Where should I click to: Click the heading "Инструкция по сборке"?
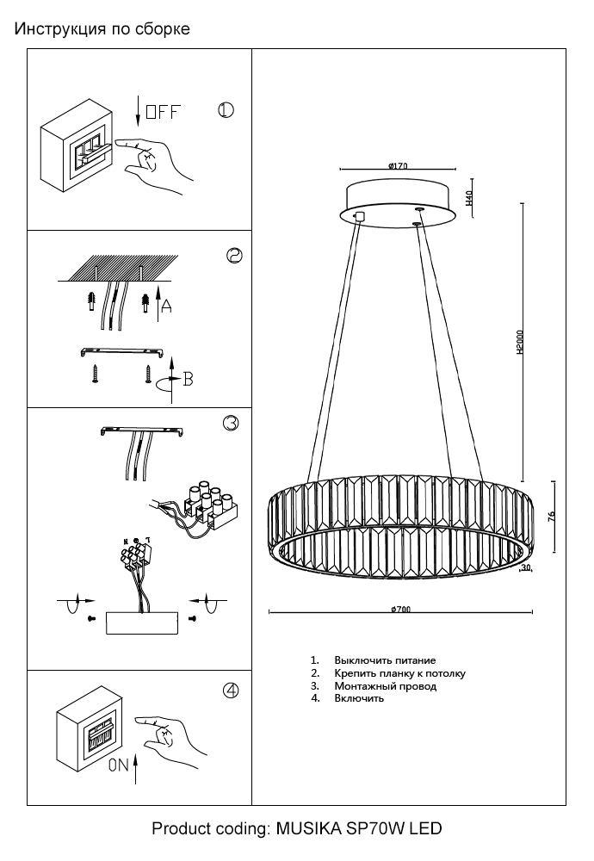pyautogui.click(x=102, y=29)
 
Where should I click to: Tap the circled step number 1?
pyautogui.click(x=226, y=111)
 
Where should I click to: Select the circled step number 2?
pyautogui.click(x=233, y=256)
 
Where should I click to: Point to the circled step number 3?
pyautogui.click(x=230, y=423)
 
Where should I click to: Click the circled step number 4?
pyautogui.click(x=230, y=691)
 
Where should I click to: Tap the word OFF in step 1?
pyautogui.click(x=163, y=112)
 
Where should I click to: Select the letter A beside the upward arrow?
pyautogui.click(x=166, y=306)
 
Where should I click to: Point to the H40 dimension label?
pyautogui.click(x=470, y=200)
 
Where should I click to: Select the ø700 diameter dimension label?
pyautogui.click(x=400, y=609)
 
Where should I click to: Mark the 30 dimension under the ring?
pyautogui.click(x=526, y=567)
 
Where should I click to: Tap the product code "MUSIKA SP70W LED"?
pyautogui.click(x=358, y=830)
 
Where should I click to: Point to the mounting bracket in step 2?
pyautogui.click(x=123, y=351)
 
